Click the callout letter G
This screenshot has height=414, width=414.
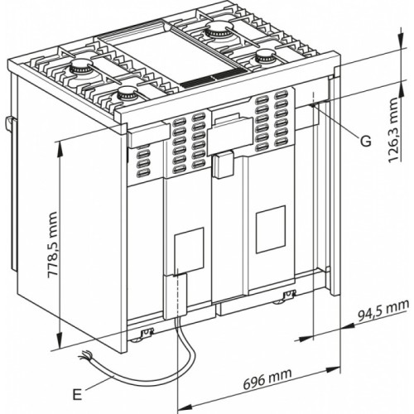click(x=365, y=141)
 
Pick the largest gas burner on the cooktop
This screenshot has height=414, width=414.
click(x=219, y=34)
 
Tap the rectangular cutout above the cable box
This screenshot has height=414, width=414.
click(x=189, y=249)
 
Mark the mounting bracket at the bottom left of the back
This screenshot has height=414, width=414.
click(x=147, y=333)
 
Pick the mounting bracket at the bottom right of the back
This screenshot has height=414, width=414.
click(x=289, y=296)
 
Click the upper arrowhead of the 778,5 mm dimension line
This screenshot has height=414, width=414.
click(x=60, y=142)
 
